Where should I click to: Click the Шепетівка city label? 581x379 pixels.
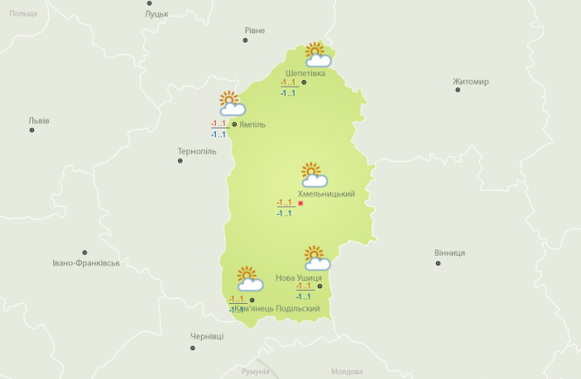[x=305, y=73]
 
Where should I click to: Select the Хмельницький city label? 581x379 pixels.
[x=326, y=194]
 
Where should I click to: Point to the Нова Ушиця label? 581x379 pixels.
[x=298, y=278]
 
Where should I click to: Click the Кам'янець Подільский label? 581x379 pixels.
[x=276, y=308]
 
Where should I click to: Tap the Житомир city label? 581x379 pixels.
[x=471, y=82]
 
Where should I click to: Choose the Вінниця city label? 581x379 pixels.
[x=449, y=252]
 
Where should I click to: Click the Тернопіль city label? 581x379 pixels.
[x=197, y=151]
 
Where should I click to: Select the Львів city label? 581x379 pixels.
[x=39, y=121]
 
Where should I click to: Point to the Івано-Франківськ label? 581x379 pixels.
[x=85, y=262]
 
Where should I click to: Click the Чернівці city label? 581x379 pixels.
[x=207, y=336]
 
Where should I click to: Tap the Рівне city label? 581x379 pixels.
[x=254, y=31]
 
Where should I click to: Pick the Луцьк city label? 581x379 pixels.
[x=157, y=14]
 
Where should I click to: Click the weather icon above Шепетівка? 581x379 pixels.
[x=315, y=55]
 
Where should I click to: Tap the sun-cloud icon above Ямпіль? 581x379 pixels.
[x=231, y=104]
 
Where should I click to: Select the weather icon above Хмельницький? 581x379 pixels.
[x=313, y=175]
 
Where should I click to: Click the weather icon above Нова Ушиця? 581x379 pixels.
[x=316, y=258]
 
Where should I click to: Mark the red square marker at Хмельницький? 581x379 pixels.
[x=301, y=203]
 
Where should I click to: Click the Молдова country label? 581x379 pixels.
[x=347, y=371]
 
